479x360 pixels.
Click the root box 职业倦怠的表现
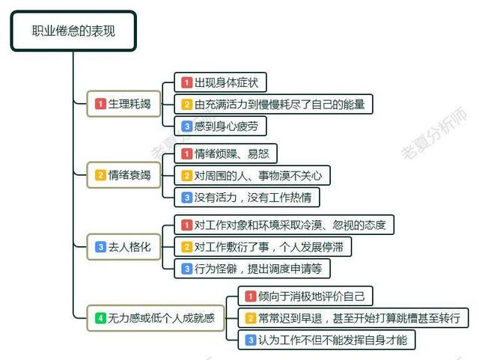point(73,31)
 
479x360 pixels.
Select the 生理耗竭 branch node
point(123,104)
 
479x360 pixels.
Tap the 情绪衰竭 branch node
point(123,175)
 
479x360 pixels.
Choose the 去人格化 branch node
point(123,247)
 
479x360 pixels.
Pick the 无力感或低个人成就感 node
point(156,318)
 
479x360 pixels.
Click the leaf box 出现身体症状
point(220,82)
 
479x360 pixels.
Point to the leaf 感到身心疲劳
point(220,126)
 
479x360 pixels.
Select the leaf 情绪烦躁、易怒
point(225,153)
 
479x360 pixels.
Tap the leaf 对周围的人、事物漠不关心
point(252,175)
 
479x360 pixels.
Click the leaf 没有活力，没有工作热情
point(247,198)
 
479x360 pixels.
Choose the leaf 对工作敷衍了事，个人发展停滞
point(263,247)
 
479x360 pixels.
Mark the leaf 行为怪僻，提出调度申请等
point(252,269)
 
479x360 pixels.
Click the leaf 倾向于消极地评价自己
point(305,296)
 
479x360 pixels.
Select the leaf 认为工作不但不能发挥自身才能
point(326,340)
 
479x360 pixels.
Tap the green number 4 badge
point(100,318)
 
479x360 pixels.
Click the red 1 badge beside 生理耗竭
point(100,104)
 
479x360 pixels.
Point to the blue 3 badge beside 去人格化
point(100,247)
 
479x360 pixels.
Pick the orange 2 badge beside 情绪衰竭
point(100,175)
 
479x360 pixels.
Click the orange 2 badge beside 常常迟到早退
point(250,318)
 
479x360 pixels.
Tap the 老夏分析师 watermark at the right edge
point(434,132)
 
